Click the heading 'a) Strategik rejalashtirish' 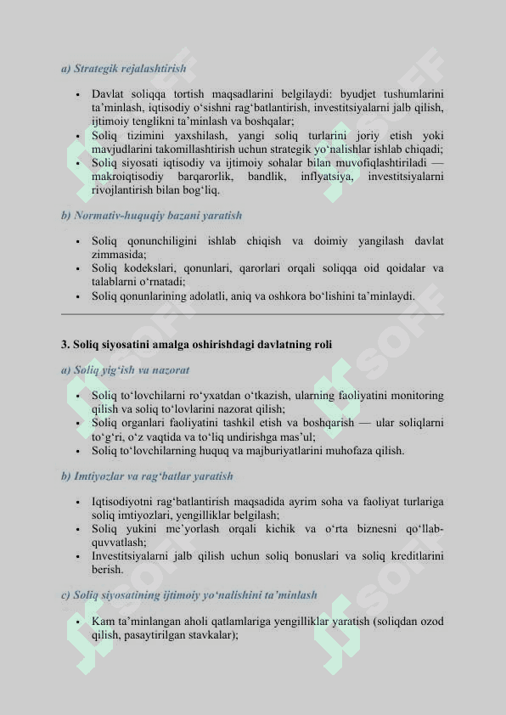click(124, 68)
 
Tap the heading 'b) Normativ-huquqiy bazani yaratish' click(152, 216)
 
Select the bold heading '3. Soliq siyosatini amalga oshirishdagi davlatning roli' click(197, 345)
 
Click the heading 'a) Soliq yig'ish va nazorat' click(126, 370)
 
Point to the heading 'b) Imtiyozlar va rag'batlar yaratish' click(148, 476)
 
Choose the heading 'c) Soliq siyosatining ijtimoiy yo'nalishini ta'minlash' click(189, 595)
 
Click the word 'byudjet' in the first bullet click(360, 94)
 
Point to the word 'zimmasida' click(118, 254)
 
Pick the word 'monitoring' click(414, 396)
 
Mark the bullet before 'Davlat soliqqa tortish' click(77, 94)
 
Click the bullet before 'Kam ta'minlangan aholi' click(77, 622)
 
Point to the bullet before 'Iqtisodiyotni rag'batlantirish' click(77, 503)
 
